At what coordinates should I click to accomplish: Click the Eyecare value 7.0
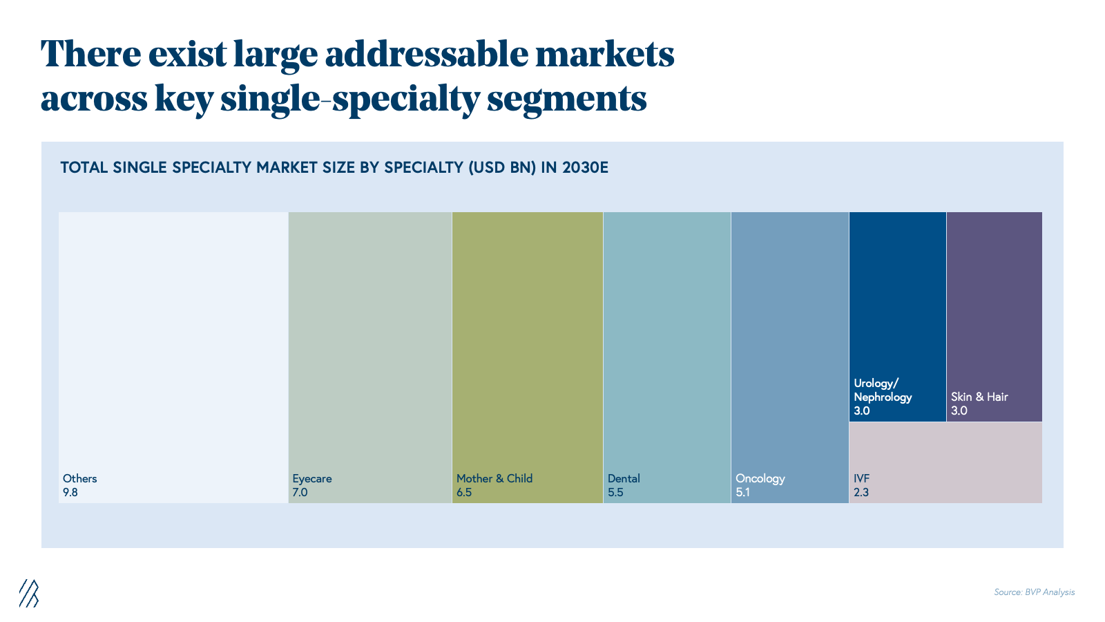(300, 492)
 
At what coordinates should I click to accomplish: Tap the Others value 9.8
(70, 492)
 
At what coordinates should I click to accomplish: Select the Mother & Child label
(494, 478)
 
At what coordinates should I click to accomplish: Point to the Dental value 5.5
(615, 492)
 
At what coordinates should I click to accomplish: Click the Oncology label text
(760, 479)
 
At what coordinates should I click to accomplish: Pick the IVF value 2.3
(861, 492)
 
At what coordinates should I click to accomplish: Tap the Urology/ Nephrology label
(883, 390)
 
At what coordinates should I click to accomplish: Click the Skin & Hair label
(979, 397)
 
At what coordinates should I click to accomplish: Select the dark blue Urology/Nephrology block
(897, 317)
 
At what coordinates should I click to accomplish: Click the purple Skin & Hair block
(995, 317)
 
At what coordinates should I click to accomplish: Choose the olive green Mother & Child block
(528, 358)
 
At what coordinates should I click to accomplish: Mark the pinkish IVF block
(945, 463)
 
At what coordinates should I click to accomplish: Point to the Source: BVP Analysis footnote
(1034, 592)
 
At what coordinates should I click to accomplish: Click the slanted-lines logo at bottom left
(29, 593)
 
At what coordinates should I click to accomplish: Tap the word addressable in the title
(426, 55)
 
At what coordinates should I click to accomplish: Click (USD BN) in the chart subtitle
(502, 168)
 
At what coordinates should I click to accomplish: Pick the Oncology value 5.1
(743, 492)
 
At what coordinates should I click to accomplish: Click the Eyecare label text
(311, 479)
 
